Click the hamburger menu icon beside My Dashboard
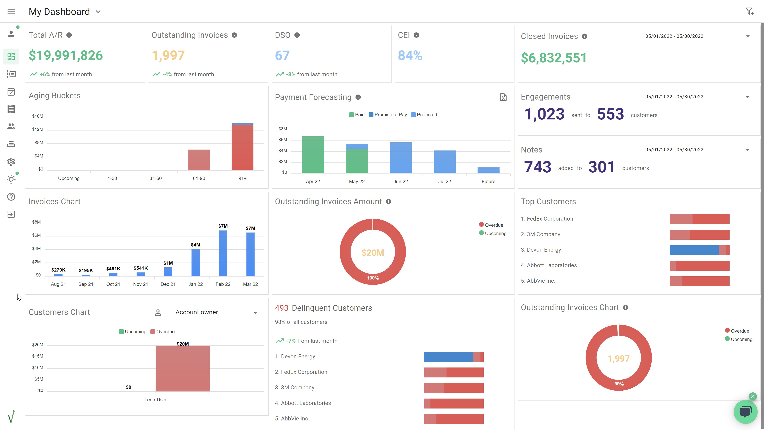tap(11, 11)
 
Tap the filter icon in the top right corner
tap(749, 11)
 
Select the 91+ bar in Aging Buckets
tap(242, 147)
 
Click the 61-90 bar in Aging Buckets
tap(199, 160)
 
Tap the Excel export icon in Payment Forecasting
tap(503, 97)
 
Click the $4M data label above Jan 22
tap(195, 245)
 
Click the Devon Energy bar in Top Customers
tap(699, 250)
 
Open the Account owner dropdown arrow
tap(255, 313)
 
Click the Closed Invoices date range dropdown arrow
tap(747, 36)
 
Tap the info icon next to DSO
tap(297, 35)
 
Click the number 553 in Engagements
tap(610, 114)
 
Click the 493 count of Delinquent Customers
tap(282, 308)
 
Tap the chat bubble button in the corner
tap(745, 412)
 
